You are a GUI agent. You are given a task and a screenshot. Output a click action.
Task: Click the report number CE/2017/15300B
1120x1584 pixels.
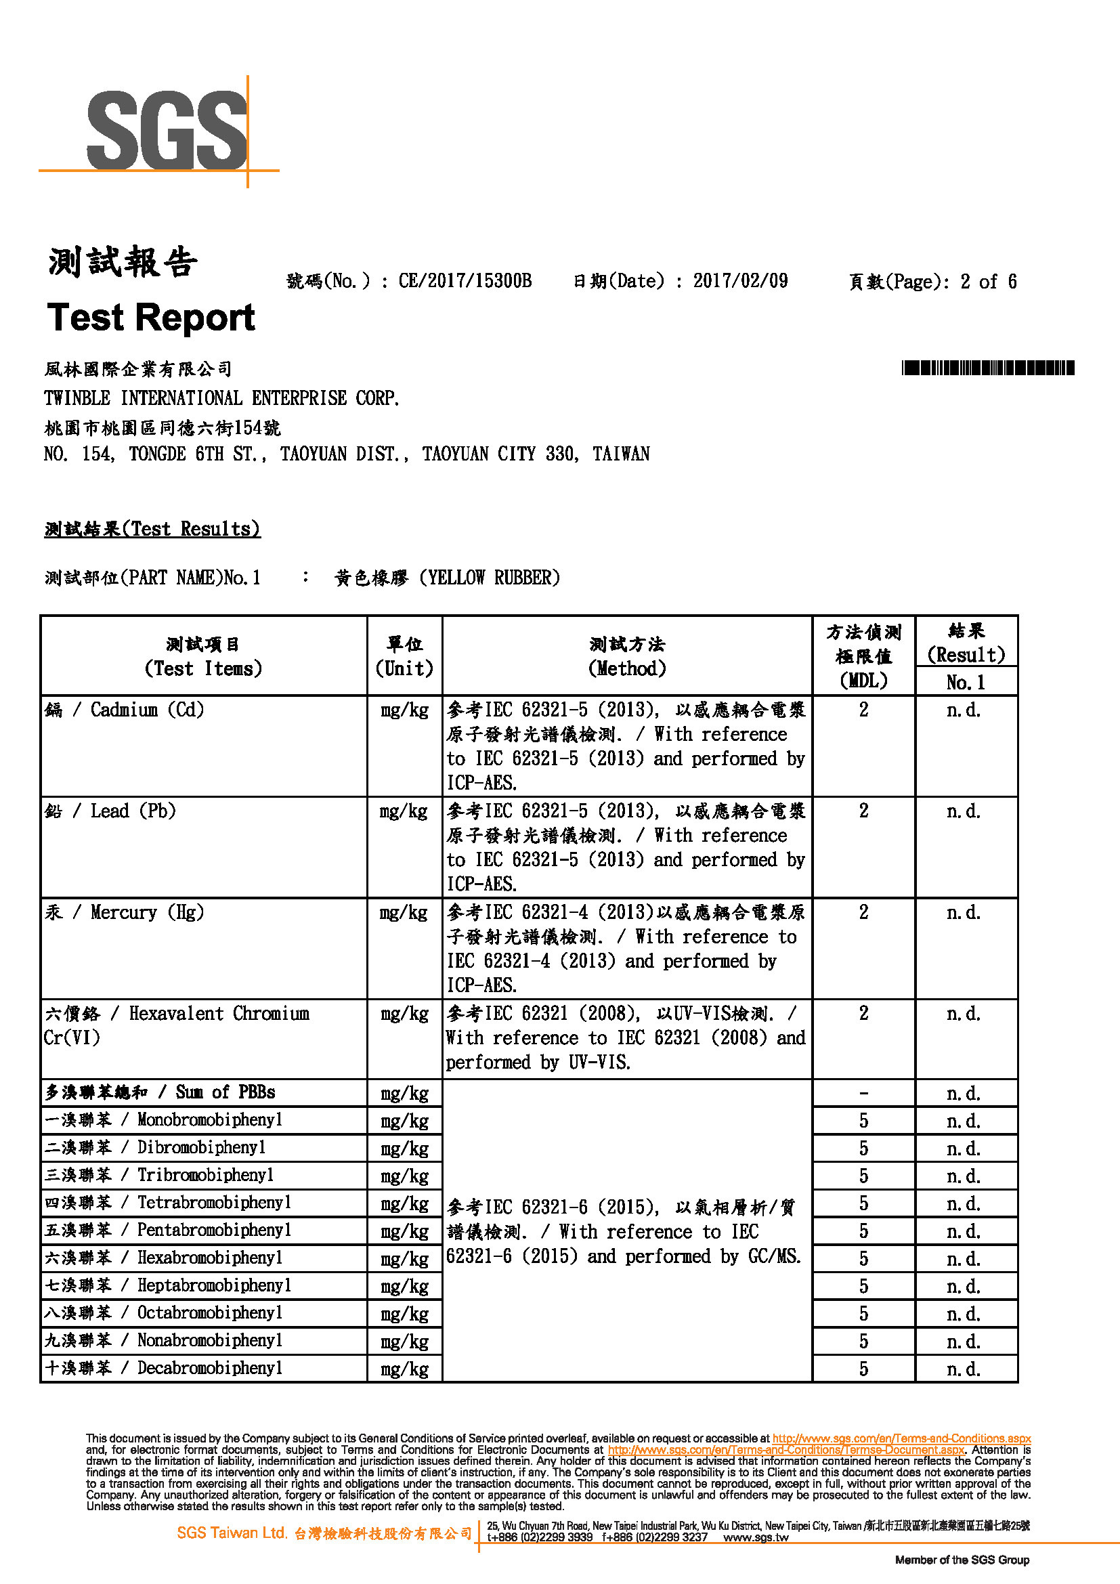tap(465, 281)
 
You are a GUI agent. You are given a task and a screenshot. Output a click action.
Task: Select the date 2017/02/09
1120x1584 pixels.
tap(740, 281)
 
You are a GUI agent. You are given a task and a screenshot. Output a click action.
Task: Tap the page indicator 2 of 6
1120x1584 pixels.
tap(988, 282)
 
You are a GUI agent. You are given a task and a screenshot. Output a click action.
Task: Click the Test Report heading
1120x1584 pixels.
tap(151, 318)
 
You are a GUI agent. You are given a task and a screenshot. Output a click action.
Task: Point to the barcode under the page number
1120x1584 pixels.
tap(987, 368)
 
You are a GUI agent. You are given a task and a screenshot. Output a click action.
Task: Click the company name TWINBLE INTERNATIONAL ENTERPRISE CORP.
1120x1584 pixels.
tap(221, 398)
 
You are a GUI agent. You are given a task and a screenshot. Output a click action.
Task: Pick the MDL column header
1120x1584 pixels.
tap(863, 656)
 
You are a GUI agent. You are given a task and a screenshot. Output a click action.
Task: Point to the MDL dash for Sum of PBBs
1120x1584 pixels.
tap(863, 1093)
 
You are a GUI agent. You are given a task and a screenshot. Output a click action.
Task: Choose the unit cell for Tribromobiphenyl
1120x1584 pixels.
tap(404, 1176)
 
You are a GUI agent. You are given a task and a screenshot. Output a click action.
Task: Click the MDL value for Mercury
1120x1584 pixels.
tap(863, 912)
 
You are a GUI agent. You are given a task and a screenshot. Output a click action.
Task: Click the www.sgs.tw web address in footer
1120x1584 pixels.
tap(756, 1537)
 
